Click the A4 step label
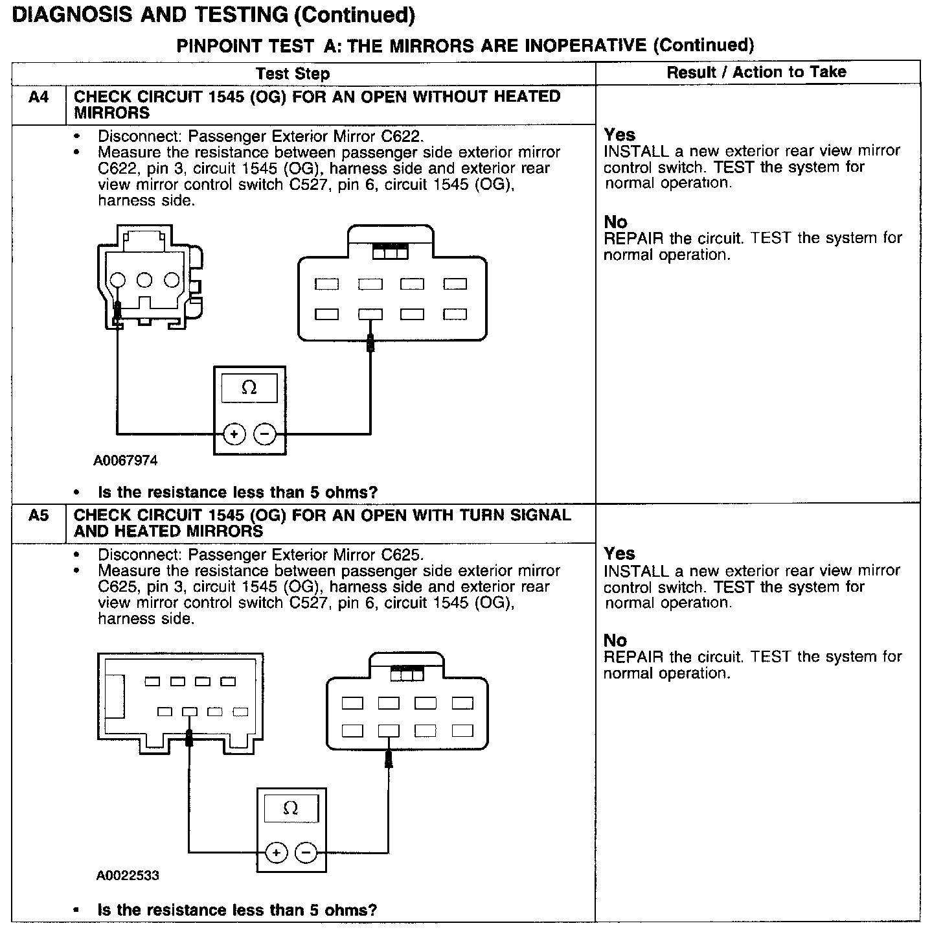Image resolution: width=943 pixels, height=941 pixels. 39,98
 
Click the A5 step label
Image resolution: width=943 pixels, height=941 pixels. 39,517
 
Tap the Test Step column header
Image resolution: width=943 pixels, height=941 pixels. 293,74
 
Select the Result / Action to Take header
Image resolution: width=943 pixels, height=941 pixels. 756,73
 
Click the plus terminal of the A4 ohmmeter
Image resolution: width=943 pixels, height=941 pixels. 234,434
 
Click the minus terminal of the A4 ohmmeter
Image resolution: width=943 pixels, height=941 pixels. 264,434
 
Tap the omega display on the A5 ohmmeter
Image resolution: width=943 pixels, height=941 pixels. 291,809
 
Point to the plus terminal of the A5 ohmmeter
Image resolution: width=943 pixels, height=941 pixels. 277,853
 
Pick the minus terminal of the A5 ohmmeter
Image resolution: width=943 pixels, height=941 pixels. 306,853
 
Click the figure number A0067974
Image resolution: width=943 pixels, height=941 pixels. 126,461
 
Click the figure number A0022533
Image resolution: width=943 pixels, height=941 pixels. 128,876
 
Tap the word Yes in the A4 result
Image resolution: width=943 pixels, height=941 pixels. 620,135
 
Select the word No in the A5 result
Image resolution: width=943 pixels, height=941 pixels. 615,641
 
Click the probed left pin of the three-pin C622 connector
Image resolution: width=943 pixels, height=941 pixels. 117,281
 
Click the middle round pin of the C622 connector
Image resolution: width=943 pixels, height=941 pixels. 144,280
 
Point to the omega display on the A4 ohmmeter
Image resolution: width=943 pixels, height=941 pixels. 249,388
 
